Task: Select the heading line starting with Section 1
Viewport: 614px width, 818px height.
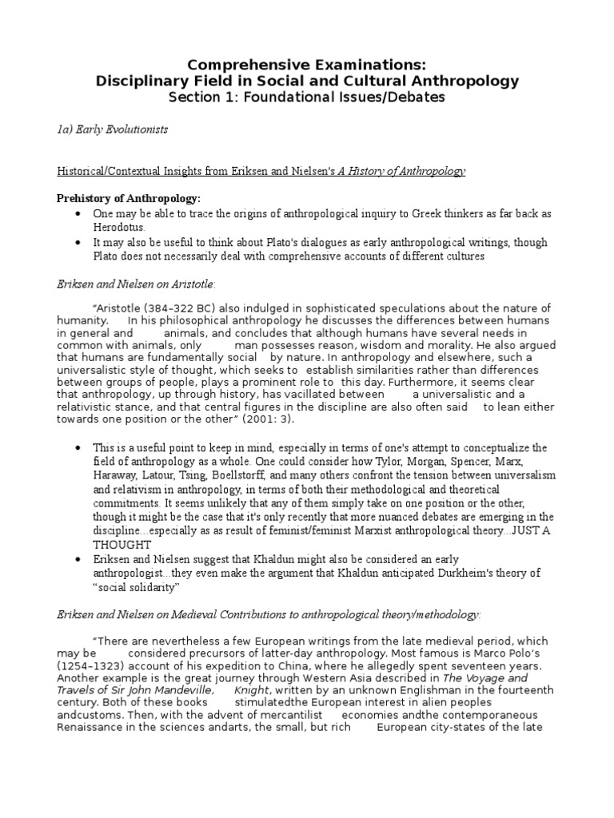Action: [307, 97]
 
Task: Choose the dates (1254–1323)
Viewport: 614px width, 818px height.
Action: [90, 665]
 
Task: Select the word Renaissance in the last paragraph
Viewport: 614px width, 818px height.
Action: [94, 727]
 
